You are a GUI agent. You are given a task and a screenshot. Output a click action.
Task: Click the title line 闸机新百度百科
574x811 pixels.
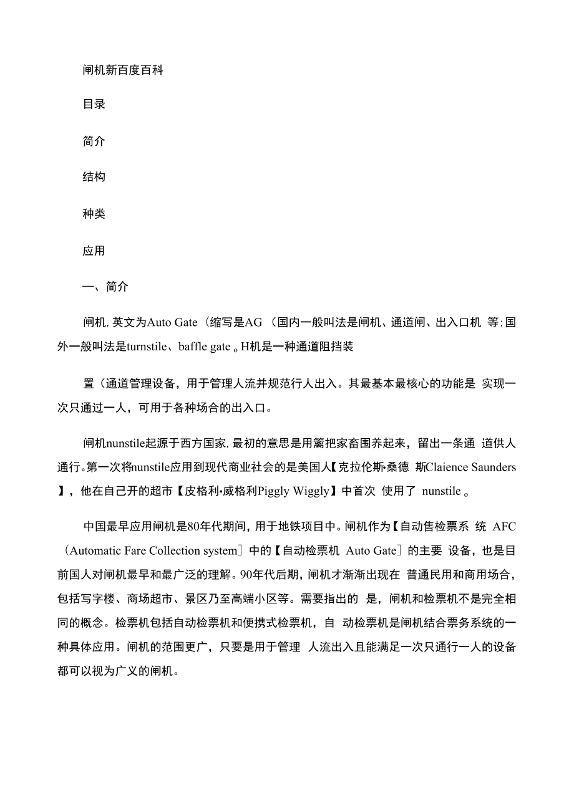click(123, 70)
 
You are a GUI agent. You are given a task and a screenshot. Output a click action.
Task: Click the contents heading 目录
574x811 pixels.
click(94, 104)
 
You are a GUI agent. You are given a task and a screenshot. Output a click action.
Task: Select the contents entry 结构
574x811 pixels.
click(94, 177)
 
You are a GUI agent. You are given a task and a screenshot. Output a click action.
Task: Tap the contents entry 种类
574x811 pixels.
click(94, 214)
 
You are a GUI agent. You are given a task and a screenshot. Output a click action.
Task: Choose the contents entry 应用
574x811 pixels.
click(94, 251)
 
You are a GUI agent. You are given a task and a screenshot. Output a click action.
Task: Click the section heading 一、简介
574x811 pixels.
click(105, 287)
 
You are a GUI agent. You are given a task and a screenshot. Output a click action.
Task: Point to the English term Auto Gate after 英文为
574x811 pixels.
click(172, 323)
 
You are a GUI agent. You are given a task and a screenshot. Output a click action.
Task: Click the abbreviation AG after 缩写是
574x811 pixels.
click(254, 323)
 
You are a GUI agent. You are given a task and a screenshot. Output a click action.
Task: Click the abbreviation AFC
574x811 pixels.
click(504, 527)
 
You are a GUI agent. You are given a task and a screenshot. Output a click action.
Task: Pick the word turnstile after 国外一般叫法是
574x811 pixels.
click(149, 347)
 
